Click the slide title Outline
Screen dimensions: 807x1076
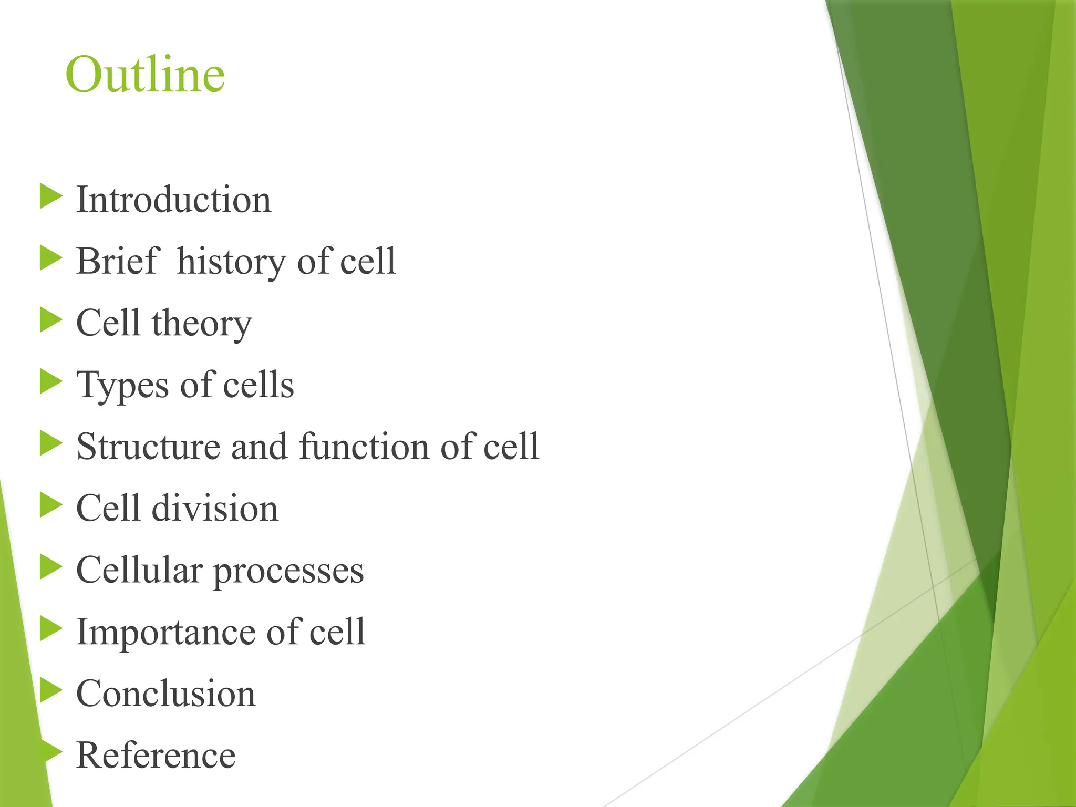click(145, 75)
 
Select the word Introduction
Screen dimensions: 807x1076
click(173, 200)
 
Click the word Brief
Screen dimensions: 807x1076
click(117, 261)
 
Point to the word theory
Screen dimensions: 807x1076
click(202, 324)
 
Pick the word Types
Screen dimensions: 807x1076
click(125, 386)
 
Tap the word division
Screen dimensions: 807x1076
click(215, 509)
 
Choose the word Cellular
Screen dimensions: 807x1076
click(139, 570)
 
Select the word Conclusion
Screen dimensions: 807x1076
click(165, 694)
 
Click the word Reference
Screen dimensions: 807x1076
click(156, 756)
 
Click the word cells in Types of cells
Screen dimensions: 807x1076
click(258, 385)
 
